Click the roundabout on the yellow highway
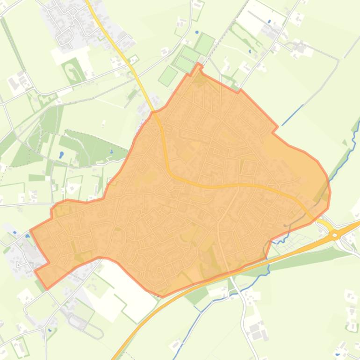[x=335, y=235]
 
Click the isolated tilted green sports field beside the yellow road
[x=168, y=75]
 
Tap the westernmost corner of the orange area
[x=31, y=230]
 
